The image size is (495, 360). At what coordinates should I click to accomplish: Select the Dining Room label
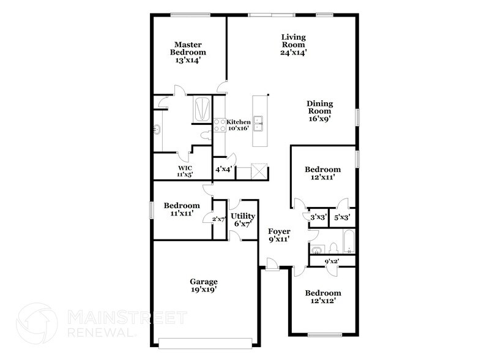[x=319, y=111]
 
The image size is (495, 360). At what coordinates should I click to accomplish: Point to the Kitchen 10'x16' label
[x=238, y=125]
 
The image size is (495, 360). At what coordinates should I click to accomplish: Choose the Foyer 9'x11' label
[x=278, y=235]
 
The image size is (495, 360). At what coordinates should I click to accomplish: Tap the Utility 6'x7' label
[x=242, y=220]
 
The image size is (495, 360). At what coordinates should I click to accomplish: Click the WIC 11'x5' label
[x=185, y=171]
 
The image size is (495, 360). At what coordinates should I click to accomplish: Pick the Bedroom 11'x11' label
[x=182, y=209]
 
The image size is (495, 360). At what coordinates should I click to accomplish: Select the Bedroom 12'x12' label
[x=323, y=297]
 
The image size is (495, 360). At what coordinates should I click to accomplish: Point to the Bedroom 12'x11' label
[x=322, y=173]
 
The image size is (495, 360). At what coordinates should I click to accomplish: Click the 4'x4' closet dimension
[x=223, y=169]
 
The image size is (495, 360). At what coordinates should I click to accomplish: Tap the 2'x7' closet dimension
[x=218, y=219]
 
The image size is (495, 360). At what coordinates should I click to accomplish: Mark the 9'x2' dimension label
[x=332, y=261]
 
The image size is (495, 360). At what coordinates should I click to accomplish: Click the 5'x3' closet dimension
[x=342, y=217]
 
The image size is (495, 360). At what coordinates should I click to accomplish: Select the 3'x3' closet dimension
[x=318, y=217]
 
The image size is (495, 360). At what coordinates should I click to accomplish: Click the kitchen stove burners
[x=219, y=126]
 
